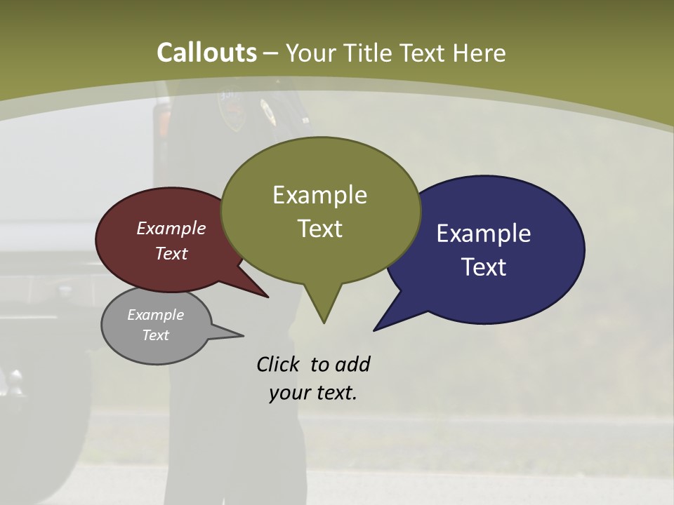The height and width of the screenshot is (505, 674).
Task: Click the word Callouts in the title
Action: tap(206, 53)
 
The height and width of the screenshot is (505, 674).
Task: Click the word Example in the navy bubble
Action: tap(484, 234)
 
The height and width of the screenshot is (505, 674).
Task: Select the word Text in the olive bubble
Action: tap(320, 229)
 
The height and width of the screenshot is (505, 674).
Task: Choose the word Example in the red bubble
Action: tap(171, 228)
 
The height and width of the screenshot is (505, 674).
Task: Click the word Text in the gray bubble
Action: tap(156, 335)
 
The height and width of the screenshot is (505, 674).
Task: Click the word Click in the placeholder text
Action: tap(279, 364)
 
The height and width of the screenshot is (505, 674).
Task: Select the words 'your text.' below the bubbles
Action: tap(313, 393)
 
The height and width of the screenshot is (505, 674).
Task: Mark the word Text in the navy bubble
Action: tap(484, 267)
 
